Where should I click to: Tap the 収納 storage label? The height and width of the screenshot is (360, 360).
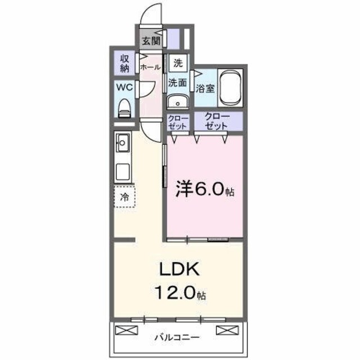(124, 63)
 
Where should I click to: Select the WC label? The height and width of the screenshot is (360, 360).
(124, 87)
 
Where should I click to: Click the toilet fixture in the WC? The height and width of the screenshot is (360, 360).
(124, 107)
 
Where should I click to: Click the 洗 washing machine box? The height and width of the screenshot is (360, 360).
(178, 63)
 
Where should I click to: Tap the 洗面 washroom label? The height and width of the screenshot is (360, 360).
(178, 82)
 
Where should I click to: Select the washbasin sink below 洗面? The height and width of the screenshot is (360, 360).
(178, 102)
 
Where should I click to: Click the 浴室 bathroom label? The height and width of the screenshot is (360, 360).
(205, 88)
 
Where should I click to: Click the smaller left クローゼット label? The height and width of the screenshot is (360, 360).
(178, 121)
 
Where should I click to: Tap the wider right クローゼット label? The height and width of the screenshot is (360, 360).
(217, 121)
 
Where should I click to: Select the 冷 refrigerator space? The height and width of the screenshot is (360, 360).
(125, 197)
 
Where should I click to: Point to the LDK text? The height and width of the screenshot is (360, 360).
(178, 270)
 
